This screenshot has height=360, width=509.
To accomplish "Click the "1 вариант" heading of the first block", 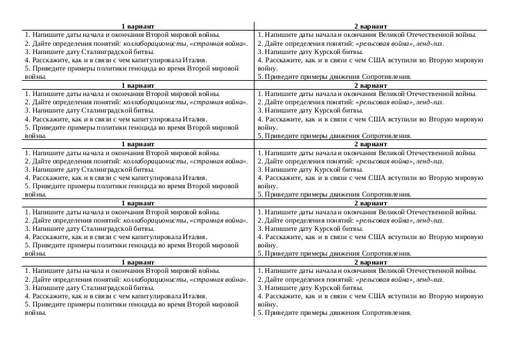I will pyautogui.click(x=137, y=26).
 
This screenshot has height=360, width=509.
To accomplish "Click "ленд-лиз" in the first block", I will pyautogui.click(x=429, y=43).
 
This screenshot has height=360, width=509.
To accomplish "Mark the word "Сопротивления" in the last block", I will pyautogui.click(x=387, y=312).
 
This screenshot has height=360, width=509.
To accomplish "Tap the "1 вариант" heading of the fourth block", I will pyautogui.click(x=137, y=203).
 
